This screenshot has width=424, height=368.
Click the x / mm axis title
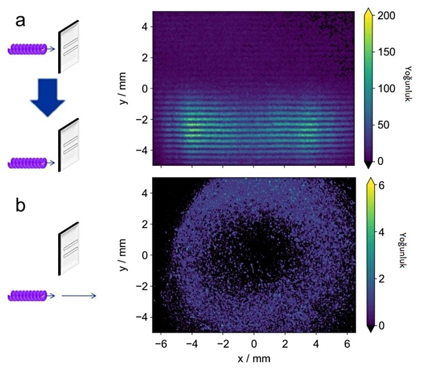point(253,357)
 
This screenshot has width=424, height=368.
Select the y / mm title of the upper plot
point(122,88)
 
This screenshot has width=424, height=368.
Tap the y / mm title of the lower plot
point(122,255)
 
